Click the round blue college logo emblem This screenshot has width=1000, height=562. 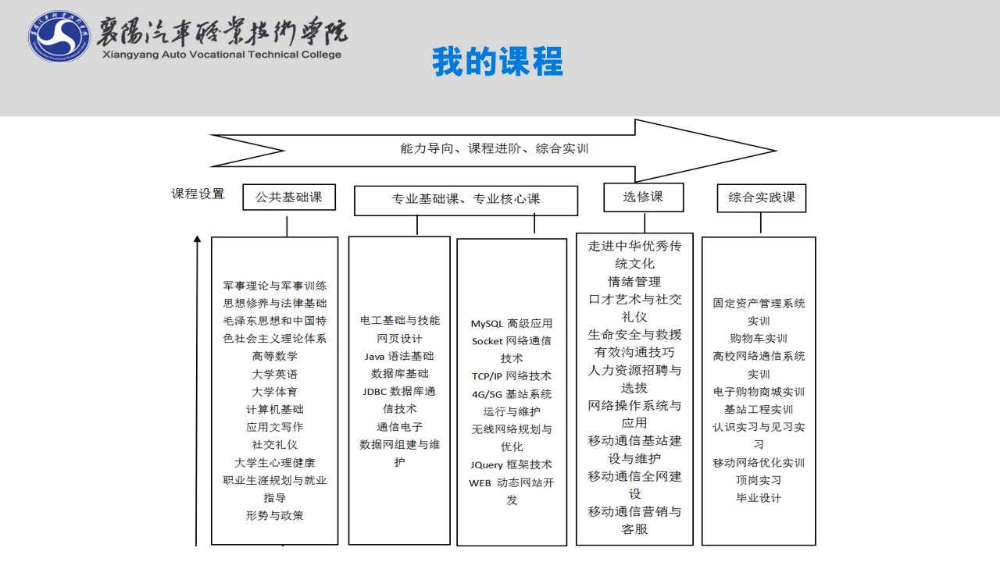pos(59,36)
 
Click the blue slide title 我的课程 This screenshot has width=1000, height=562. pos(498,62)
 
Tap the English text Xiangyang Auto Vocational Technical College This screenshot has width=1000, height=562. pos(222,55)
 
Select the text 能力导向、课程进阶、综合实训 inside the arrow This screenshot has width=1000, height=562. pos(495,148)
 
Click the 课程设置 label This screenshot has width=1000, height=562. pos(198,194)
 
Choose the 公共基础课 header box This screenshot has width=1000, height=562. pos(289,197)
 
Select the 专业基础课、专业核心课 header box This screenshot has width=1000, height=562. pos(466,201)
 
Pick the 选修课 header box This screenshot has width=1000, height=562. pos(643,197)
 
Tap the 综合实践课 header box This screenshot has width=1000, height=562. pos(762,197)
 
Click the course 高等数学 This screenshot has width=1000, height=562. pos(274,357)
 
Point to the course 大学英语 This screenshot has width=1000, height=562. pos(274,374)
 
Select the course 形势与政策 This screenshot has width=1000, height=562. pos(274,516)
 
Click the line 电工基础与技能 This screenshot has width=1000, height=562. pos(399,321)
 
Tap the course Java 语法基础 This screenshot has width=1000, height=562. pos(399,357)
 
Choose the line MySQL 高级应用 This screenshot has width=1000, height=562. pos(512,323)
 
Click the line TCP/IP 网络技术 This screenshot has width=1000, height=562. pos(512,376)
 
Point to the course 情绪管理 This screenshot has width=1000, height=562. pos(634,282)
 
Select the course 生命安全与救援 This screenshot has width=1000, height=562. pos(634,335)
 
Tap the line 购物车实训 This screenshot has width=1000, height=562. pos(759,339)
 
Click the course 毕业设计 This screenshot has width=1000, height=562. pos(759,498)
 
